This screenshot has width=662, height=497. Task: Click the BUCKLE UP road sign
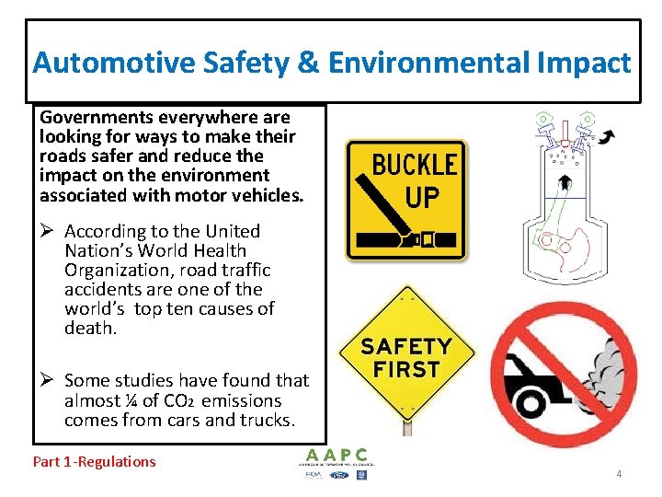[x=405, y=200]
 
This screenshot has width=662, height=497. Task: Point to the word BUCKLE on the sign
[x=415, y=166]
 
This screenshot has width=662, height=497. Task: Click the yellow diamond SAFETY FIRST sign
[x=405, y=357]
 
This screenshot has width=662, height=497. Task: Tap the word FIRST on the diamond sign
[x=405, y=370]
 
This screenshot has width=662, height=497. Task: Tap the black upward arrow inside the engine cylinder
[x=562, y=181]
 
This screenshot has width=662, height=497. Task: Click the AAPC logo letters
[x=337, y=454]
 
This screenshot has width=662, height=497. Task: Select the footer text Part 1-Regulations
[x=95, y=461]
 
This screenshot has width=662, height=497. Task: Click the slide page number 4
[x=619, y=474]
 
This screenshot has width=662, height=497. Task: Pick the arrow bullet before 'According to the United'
[x=48, y=231]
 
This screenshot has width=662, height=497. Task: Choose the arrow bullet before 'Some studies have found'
[x=48, y=380]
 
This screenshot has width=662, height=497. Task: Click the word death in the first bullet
[x=90, y=327]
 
